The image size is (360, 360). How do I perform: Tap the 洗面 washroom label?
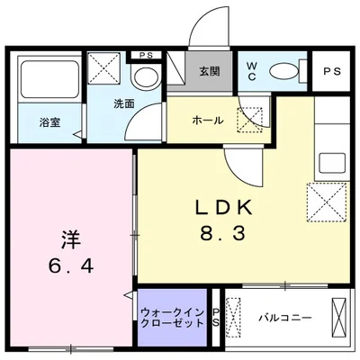click(x=123, y=104)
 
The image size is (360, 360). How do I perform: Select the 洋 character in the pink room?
click(x=70, y=240)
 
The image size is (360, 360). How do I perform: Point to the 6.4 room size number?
click(x=70, y=267)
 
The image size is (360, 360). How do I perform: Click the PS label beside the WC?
click(x=330, y=71)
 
